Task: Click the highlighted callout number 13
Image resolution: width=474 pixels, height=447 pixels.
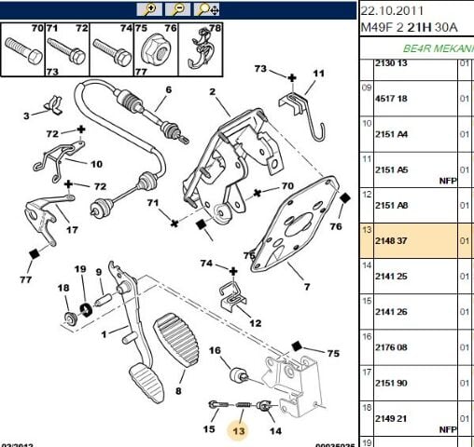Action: pos(240,431)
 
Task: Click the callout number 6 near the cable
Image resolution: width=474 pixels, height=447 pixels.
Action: pos(169,90)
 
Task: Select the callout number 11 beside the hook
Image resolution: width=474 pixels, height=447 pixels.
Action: pos(318,73)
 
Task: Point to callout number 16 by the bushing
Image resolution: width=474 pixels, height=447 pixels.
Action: pos(214,350)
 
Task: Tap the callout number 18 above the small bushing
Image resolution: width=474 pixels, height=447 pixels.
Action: pos(64,288)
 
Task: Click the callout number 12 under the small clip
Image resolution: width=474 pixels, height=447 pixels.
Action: pos(255,321)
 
